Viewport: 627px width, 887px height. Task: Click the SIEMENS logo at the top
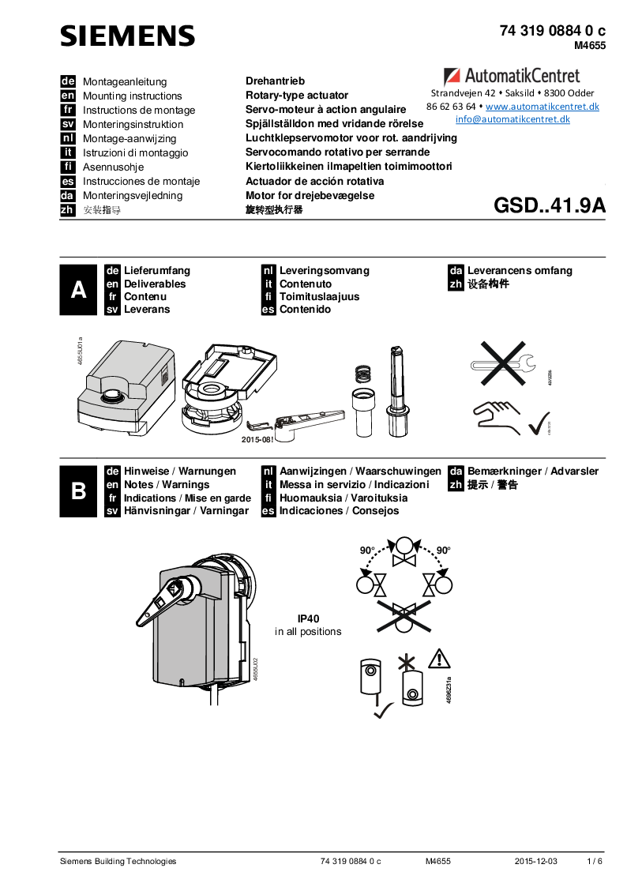coord(127,36)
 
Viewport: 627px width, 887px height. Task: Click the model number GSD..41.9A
coord(549,206)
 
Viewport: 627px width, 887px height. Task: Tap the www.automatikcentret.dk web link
coord(542,106)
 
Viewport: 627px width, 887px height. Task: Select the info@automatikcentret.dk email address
coord(512,119)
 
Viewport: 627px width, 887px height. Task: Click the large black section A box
coord(79,290)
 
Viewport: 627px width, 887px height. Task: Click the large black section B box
coord(79,491)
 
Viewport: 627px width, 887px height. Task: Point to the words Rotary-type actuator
coord(297,96)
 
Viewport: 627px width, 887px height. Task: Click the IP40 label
coord(308,618)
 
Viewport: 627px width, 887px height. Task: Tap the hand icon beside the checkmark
coord(497,416)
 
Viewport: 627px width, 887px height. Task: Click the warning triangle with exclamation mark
coord(439,658)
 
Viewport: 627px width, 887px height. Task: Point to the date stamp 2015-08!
coord(257,439)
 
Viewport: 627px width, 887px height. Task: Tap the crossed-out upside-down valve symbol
coord(404,615)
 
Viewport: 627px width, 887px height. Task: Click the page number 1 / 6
coord(595,861)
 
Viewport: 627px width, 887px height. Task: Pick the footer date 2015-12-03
coord(535,861)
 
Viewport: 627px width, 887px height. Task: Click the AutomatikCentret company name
coord(521,76)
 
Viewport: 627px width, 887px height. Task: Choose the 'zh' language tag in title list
coord(67,210)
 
